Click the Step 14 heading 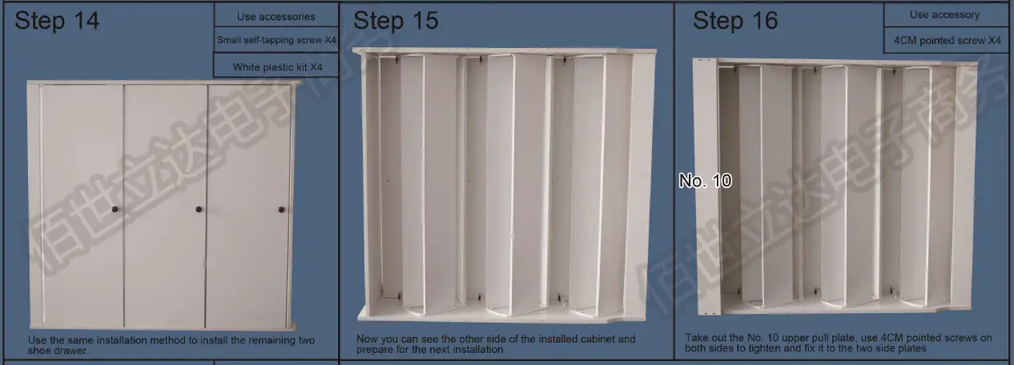click(57, 22)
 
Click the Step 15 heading click(396, 22)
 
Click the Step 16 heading click(734, 22)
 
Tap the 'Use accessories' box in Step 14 click(276, 16)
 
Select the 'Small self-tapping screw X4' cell click(276, 40)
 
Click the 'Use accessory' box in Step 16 click(944, 14)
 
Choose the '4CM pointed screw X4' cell click(946, 40)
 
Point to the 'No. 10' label click(705, 181)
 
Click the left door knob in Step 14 click(115, 210)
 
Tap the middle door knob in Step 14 click(199, 210)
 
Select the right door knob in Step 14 click(281, 210)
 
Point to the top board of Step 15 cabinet click(505, 51)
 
